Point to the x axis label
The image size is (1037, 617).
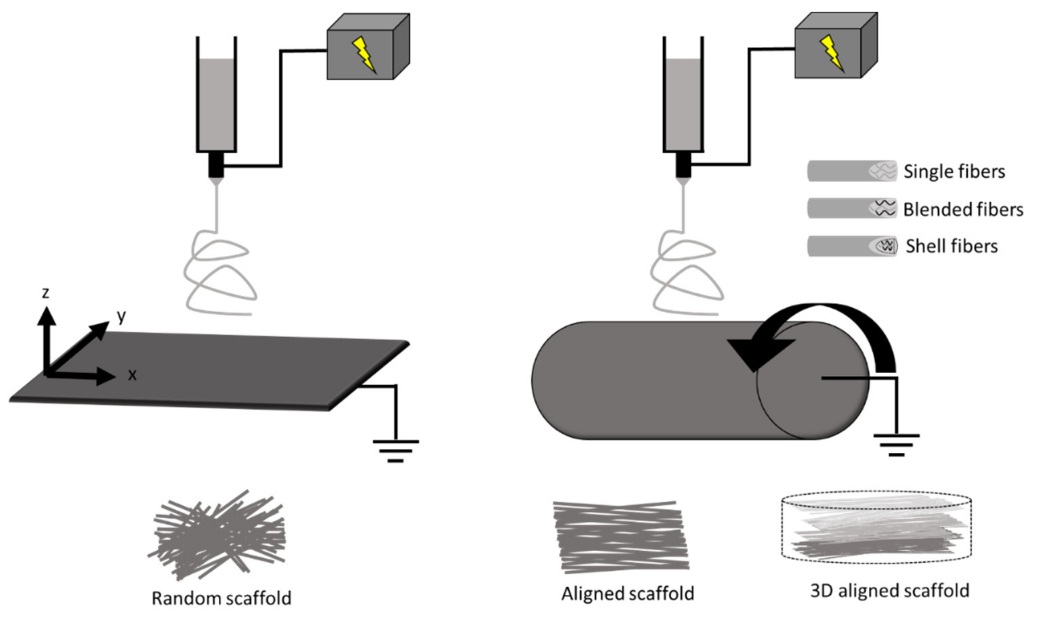coord(132,375)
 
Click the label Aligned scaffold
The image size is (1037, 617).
coord(627,594)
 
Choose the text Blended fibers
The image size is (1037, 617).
coord(963,209)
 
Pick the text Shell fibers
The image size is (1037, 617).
coord(951,246)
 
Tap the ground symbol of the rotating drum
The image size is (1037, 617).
coord(896,445)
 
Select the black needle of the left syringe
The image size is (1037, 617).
coord(216,165)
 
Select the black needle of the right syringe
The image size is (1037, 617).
coord(683,165)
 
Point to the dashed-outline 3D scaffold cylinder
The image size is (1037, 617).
coord(877,528)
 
